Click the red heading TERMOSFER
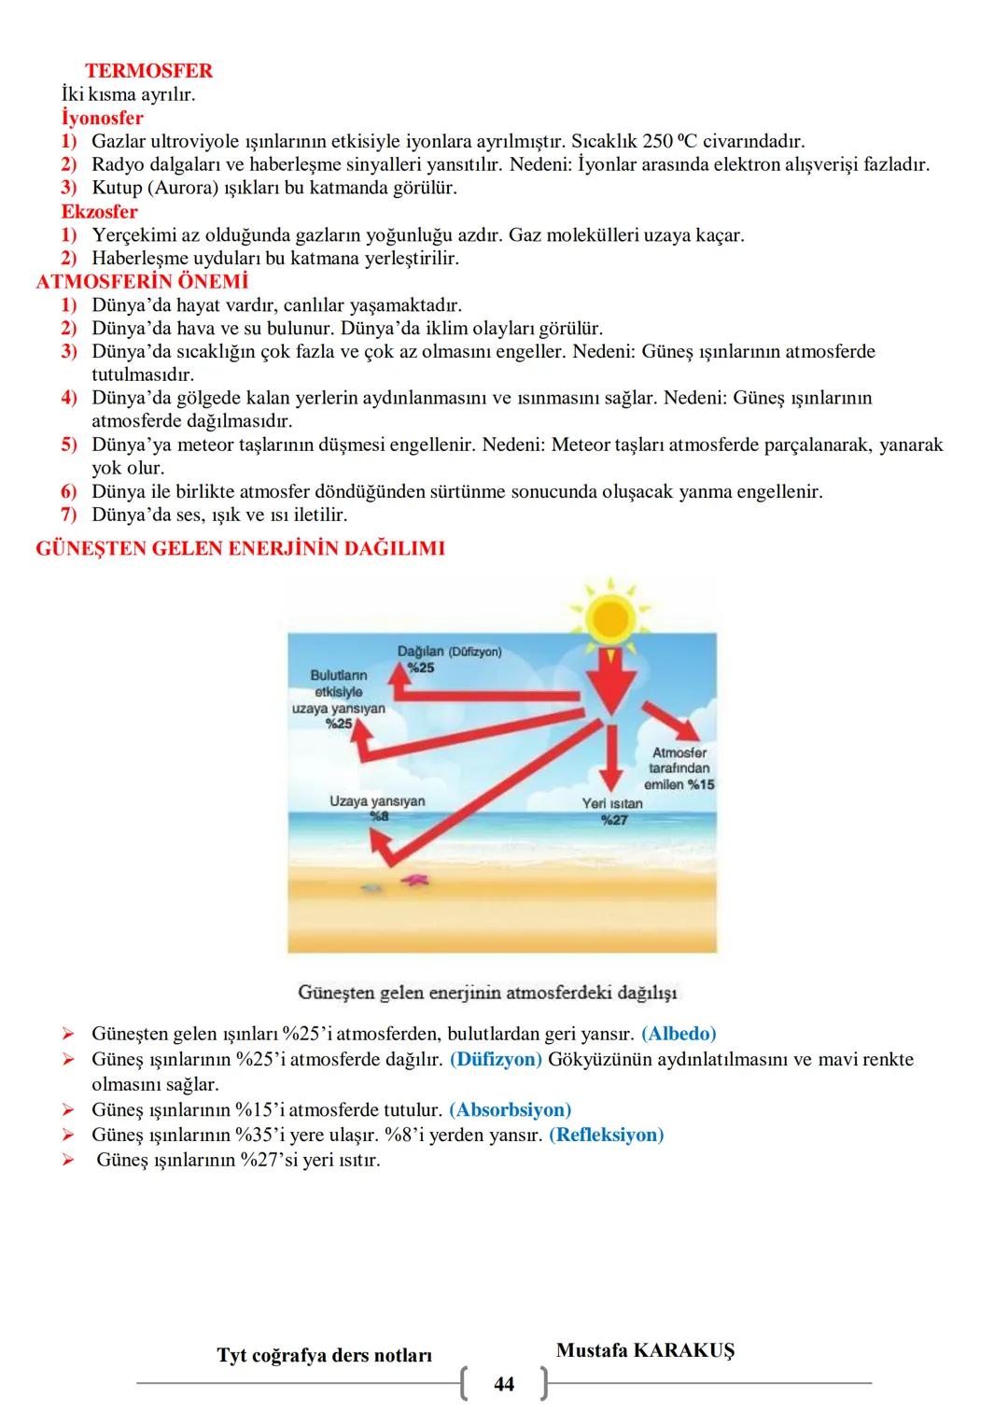[x=148, y=71]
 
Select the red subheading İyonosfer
[x=103, y=119]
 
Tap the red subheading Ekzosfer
[x=99, y=212]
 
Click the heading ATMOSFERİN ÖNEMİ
[x=142, y=282]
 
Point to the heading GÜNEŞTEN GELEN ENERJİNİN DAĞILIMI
[x=240, y=549]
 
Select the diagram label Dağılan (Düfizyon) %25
[x=448, y=658]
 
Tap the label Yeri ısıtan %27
[x=612, y=811]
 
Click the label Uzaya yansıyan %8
[x=377, y=808]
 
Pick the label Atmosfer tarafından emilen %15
[x=679, y=769]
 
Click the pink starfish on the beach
[x=413, y=879]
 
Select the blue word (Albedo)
[x=679, y=1035]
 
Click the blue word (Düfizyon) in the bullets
[x=496, y=1060]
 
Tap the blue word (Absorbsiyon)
[x=510, y=1110]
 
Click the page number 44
[x=503, y=1384]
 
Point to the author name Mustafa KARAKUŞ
[x=645, y=1351]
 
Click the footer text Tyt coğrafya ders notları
[x=324, y=1355]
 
